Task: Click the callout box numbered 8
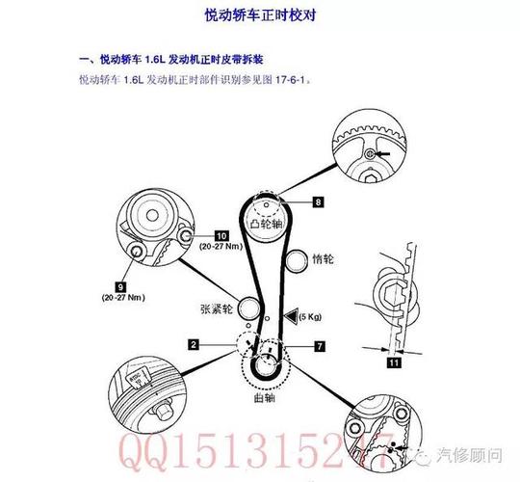(317, 202)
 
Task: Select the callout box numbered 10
(221, 235)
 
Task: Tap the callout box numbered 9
(120, 286)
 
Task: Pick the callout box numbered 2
(194, 343)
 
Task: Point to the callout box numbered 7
(320, 344)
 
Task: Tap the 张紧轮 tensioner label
(215, 310)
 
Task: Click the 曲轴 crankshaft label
(263, 395)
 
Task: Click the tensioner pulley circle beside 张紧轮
(249, 310)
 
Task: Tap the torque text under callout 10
(221, 247)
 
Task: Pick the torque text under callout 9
(121, 299)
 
